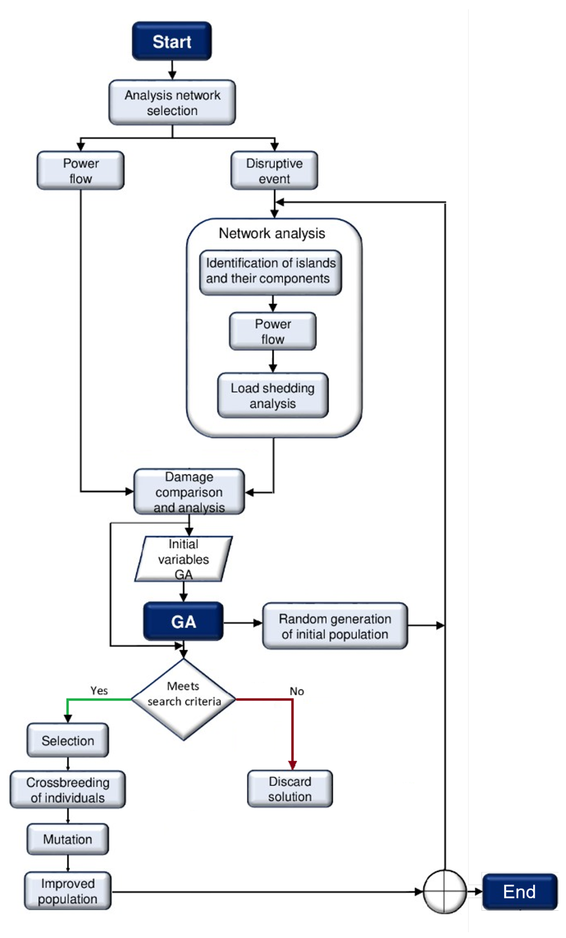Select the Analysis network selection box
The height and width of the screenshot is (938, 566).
[172, 102]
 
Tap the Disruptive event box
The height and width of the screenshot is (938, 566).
[274, 170]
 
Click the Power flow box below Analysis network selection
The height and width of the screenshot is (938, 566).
[80, 170]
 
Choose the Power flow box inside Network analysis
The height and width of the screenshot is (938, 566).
[272, 331]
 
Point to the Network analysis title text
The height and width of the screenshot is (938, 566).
[272, 233]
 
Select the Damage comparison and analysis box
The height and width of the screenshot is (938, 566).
[189, 491]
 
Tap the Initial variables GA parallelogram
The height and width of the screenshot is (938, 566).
[183, 558]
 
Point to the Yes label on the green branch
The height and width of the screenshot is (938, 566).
[99, 691]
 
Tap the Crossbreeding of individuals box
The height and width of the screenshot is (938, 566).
[67, 790]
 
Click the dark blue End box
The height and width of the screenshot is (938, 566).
[519, 891]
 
